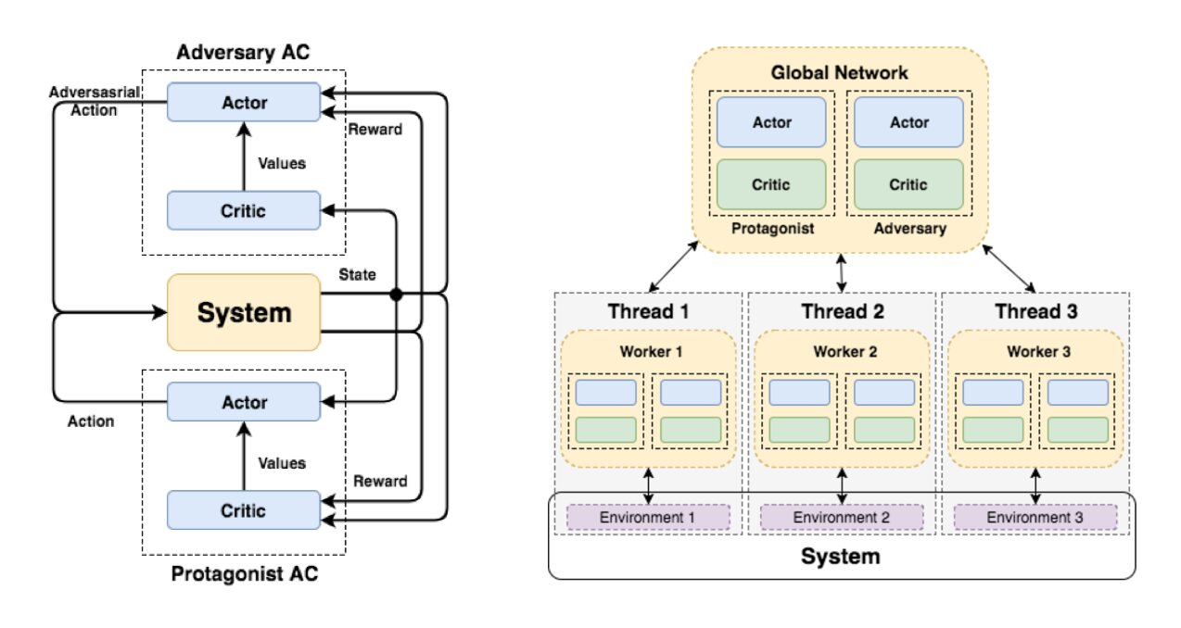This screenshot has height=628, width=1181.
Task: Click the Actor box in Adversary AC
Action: (x=244, y=102)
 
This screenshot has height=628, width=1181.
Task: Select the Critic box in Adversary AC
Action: (x=244, y=210)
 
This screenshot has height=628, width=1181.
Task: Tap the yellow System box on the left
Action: (x=244, y=312)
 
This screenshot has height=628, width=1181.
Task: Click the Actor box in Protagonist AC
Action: (x=244, y=403)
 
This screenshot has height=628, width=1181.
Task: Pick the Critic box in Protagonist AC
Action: (x=244, y=510)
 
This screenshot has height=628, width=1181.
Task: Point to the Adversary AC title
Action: (x=244, y=52)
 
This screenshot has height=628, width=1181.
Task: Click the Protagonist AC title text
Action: (x=244, y=574)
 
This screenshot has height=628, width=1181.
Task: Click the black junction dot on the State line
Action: (x=396, y=295)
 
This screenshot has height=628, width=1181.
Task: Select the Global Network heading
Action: (x=840, y=72)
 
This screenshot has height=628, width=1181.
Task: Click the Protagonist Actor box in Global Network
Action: (x=771, y=122)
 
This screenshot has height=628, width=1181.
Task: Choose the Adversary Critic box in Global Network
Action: (x=908, y=184)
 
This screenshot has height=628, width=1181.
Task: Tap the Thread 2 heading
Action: (x=843, y=311)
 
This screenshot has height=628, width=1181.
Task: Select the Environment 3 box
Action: (x=1034, y=517)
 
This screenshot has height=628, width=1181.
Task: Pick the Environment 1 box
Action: (x=648, y=517)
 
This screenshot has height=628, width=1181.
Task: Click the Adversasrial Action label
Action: (x=84, y=102)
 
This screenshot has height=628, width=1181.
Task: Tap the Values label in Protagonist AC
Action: (x=282, y=463)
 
